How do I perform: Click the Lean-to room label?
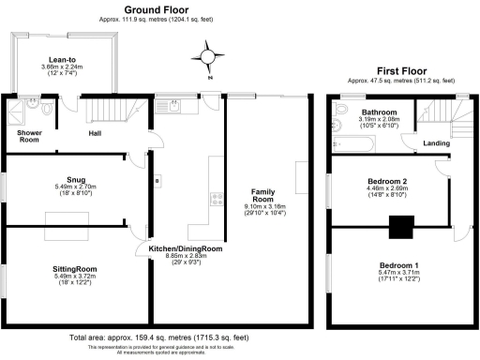point(62,59)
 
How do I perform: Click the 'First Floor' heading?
point(401,70)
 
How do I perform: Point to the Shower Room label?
point(28,137)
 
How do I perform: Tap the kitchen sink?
point(175,106)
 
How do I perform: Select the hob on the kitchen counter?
point(215,198)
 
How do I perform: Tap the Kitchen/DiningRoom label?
point(185,248)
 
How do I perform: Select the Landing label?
point(436,142)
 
